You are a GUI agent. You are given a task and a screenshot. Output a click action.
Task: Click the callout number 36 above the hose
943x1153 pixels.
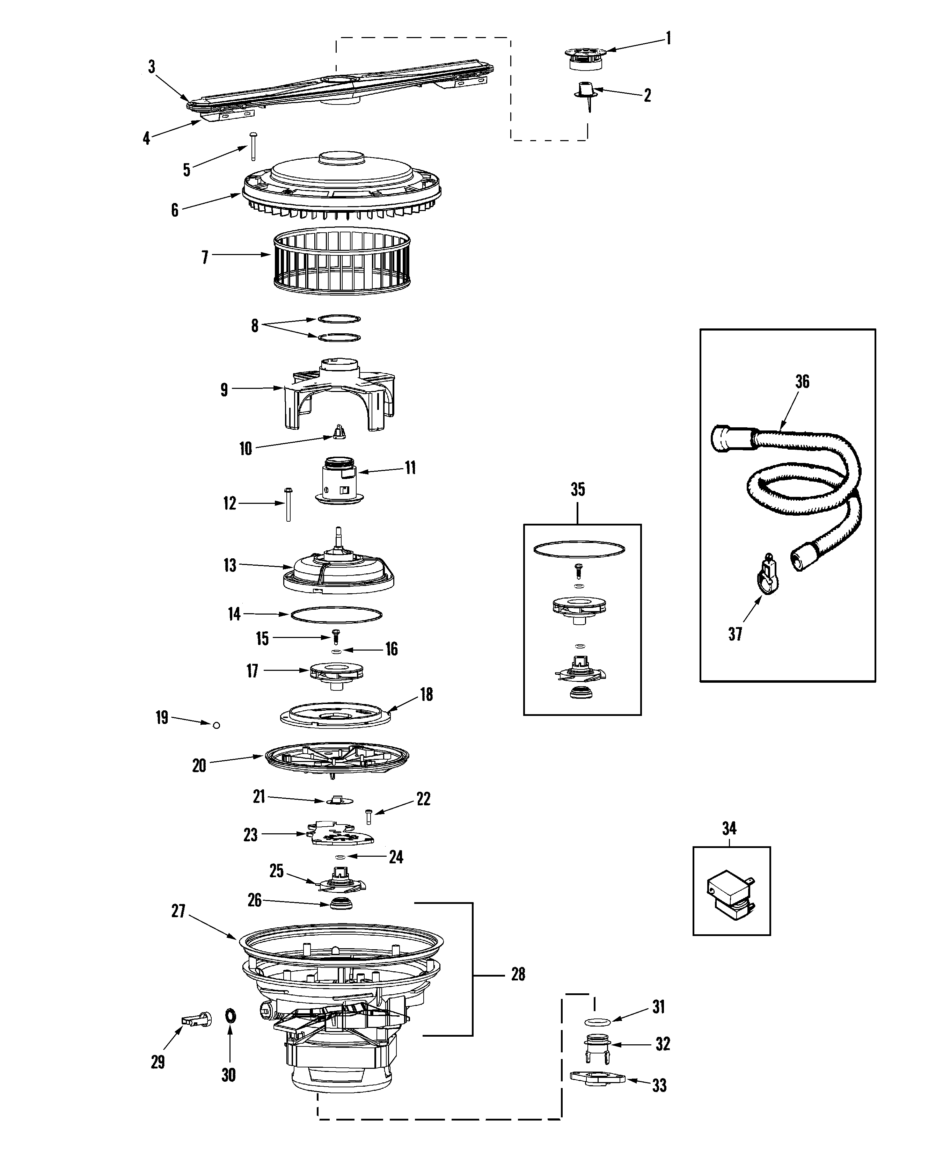pyautogui.click(x=802, y=382)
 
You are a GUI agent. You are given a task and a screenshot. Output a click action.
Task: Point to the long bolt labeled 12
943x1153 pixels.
pyautogui.click(x=288, y=504)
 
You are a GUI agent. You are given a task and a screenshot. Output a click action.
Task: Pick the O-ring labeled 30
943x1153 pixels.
pyautogui.click(x=230, y=1015)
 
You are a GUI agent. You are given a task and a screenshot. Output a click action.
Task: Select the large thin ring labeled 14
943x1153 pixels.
pyautogui.click(x=337, y=615)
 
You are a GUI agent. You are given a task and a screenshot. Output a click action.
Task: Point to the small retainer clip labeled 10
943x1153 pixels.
pyautogui.click(x=339, y=433)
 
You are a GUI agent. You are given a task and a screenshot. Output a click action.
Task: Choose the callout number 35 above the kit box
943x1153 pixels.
pyautogui.click(x=577, y=490)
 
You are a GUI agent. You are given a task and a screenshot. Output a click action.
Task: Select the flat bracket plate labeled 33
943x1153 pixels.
pyautogui.click(x=597, y=1077)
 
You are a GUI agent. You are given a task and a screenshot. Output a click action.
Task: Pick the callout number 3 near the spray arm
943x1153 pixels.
pyautogui.click(x=152, y=67)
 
